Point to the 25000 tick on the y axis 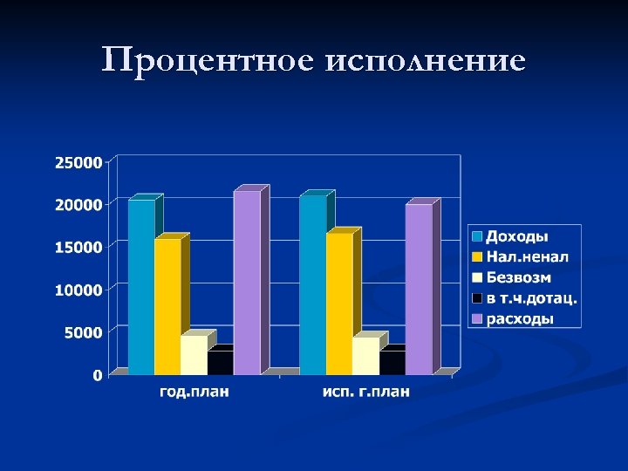coord(78,161)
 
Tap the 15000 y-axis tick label coord(78,247)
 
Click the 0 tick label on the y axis coord(97,375)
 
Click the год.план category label coord(195,392)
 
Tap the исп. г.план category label coord(365,392)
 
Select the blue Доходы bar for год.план coord(141,288)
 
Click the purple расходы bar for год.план coord(247,283)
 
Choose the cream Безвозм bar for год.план coord(194,355)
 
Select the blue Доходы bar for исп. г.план coord(312,285)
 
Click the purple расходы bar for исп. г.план coord(419,290)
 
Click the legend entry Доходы coord(516,236)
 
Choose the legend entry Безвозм coord(518,277)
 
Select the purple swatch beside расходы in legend coord(477,319)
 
